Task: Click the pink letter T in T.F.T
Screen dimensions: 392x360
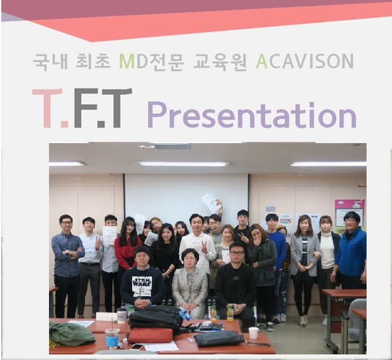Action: tap(47, 108)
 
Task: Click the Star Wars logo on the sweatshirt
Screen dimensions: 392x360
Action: tap(142, 282)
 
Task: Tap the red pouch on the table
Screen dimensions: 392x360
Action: tap(150, 335)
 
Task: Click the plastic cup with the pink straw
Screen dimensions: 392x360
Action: tap(112, 338)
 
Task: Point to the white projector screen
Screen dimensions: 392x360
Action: tap(186, 198)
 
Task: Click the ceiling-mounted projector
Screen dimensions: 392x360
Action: tap(172, 146)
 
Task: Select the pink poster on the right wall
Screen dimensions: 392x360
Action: tap(349, 213)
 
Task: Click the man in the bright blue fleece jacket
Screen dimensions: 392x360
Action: tap(350, 252)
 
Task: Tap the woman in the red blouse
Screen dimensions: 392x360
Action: tap(128, 250)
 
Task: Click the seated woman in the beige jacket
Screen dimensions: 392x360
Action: tap(190, 283)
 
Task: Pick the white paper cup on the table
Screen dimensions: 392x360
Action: tap(254, 333)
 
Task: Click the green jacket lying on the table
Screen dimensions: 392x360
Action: tap(72, 333)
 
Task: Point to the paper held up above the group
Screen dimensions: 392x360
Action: tap(212, 203)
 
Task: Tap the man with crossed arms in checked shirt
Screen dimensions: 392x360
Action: tap(67, 265)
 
